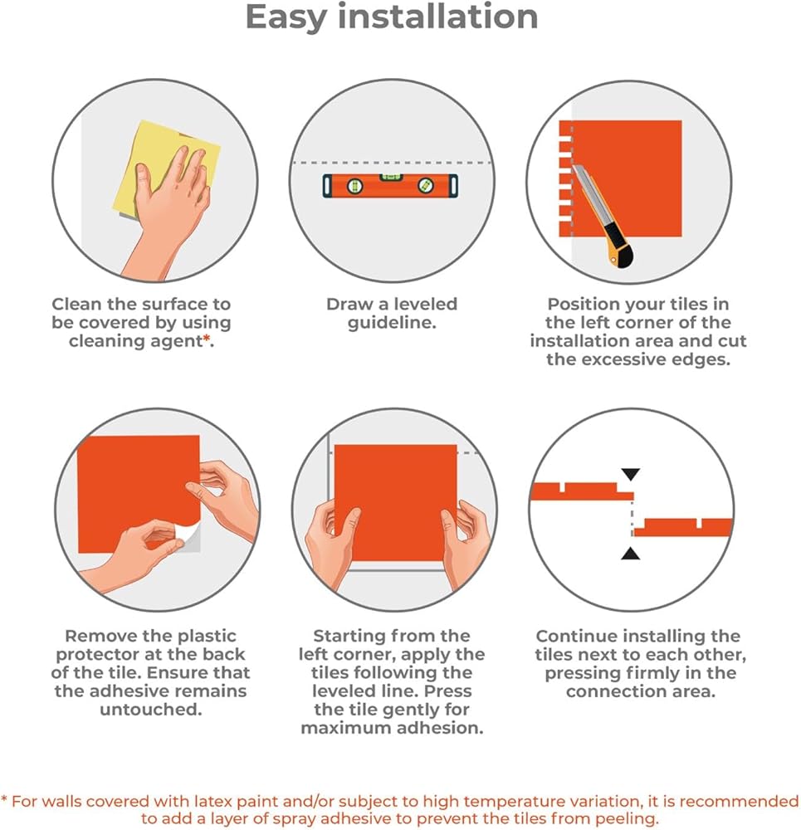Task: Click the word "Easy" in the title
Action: pyautogui.click(x=286, y=18)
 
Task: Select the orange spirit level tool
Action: pyautogui.click(x=390, y=185)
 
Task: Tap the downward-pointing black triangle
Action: pyautogui.click(x=630, y=474)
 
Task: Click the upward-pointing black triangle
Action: pyautogui.click(x=630, y=554)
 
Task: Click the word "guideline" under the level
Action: pyautogui.click(x=391, y=323)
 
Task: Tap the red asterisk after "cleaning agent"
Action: pyautogui.click(x=207, y=339)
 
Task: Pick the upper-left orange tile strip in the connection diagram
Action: pyautogui.click(x=582, y=492)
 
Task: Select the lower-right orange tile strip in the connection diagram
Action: pyautogui.click(x=683, y=528)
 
